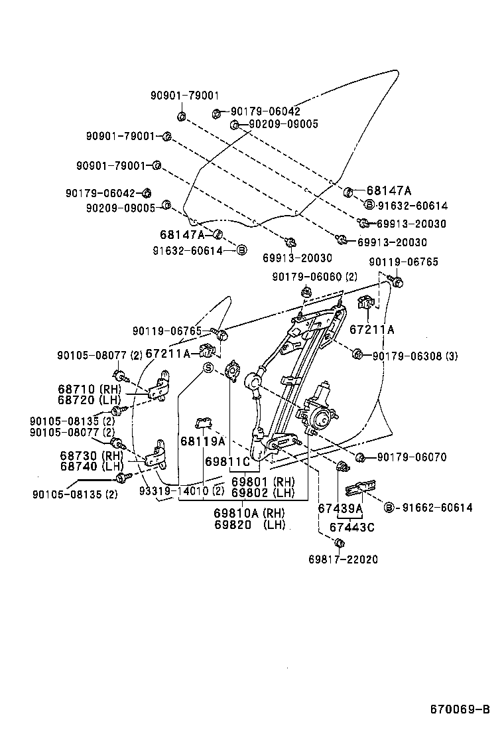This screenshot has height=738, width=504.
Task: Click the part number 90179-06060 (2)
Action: pos(314,276)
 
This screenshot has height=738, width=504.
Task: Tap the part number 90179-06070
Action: pos(412,457)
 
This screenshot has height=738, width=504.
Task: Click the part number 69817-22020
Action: pos(343,559)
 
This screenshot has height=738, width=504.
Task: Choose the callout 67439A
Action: pos(340,509)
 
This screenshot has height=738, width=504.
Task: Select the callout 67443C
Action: pos(352,527)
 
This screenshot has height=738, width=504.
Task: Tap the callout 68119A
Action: pos(202,441)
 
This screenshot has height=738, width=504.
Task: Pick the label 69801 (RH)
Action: pos(263,481)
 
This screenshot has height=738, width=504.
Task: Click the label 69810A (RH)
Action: pos(249,513)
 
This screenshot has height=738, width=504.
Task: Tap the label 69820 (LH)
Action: pos(249,524)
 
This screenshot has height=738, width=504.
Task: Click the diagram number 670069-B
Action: pos(460,709)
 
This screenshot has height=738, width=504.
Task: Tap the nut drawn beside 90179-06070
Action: pos(361,457)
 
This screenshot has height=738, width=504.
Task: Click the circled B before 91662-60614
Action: pos(389,508)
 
